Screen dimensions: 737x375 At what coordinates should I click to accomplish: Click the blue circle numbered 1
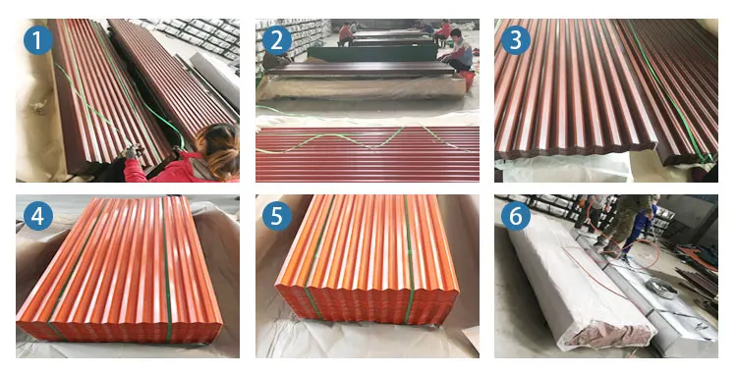pyautogui.click(x=38, y=40)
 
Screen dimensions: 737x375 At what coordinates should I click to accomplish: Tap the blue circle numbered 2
pyautogui.click(x=277, y=40)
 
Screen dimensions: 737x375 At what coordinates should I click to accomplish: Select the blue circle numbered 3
pyautogui.click(x=516, y=40)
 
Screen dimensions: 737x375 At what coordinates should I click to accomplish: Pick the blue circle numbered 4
pyautogui.click(x=38, y=216)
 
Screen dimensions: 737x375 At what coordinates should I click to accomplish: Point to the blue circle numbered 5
pyautogui.click(x=277, y=216)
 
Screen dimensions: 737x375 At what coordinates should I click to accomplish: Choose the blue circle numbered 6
pyautogui.click(x=516, y=216)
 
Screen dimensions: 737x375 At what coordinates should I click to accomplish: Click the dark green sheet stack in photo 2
pyautogui.click(x=371, y=53)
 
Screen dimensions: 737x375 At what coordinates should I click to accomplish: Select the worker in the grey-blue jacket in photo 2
pyautogui.click(x=458, y=51)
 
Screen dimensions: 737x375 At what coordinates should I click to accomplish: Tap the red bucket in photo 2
pyautogui.click(x=469, y=80)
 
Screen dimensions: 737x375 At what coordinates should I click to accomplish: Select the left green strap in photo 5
pyautogui.click(x=318, y=256)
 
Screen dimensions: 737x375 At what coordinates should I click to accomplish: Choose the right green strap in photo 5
pyautogui.click(x=408, y=258)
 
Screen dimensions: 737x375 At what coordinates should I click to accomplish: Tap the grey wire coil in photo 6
pyautogui.click(x=661, y=288)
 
